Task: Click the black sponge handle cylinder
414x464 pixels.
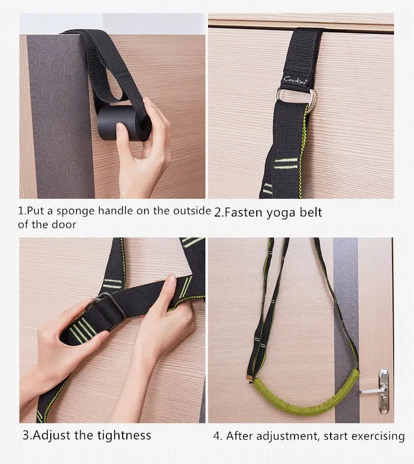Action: (x=122, y=122)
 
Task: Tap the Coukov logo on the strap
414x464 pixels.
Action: (x=295, y=80)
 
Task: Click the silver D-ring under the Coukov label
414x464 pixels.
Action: (x=295, y=97)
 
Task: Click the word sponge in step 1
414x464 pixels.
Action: (x=75, y=211)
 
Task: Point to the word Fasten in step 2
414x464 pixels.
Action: (x=244, y=212)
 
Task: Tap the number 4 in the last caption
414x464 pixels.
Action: (x=217, y=436)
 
